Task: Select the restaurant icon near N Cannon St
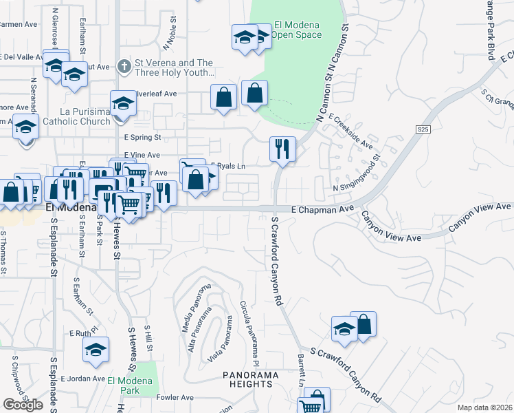pyautogui.click(x=282, y=149)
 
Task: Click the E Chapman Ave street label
pyautogui.click(x=322, y=208)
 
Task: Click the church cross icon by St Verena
pyautogui.click(x=124, y=67)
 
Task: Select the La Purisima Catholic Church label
pyautogui.click(x=76, y=116)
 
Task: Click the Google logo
pyautogui.click(x=22, y=405)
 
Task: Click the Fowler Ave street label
pyautogui.click(x=175, y=397)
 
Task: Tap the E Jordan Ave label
pyautogui.click(x=82, y=379)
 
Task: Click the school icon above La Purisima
pyautogui.click(x=123, y=103)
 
